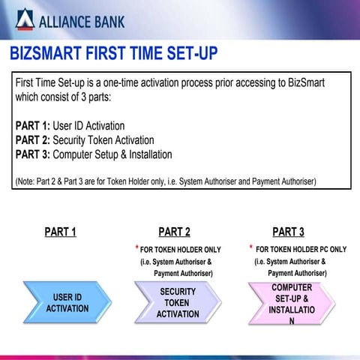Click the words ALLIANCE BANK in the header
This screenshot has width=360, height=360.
[82, 20]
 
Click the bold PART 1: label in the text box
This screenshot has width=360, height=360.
[32, 126]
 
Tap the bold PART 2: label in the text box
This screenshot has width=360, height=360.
[32, 140]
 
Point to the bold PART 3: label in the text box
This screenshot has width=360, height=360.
[32, 154]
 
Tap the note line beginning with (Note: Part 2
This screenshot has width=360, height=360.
[165, 181]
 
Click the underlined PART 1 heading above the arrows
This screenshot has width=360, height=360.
[60, 232]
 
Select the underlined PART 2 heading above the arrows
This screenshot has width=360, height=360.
[174, 232]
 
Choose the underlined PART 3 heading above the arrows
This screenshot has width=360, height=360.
[288, 232]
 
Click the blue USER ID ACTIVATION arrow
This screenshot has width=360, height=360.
[67, 302]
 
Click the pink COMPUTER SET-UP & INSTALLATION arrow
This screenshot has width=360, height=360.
[291, 302]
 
